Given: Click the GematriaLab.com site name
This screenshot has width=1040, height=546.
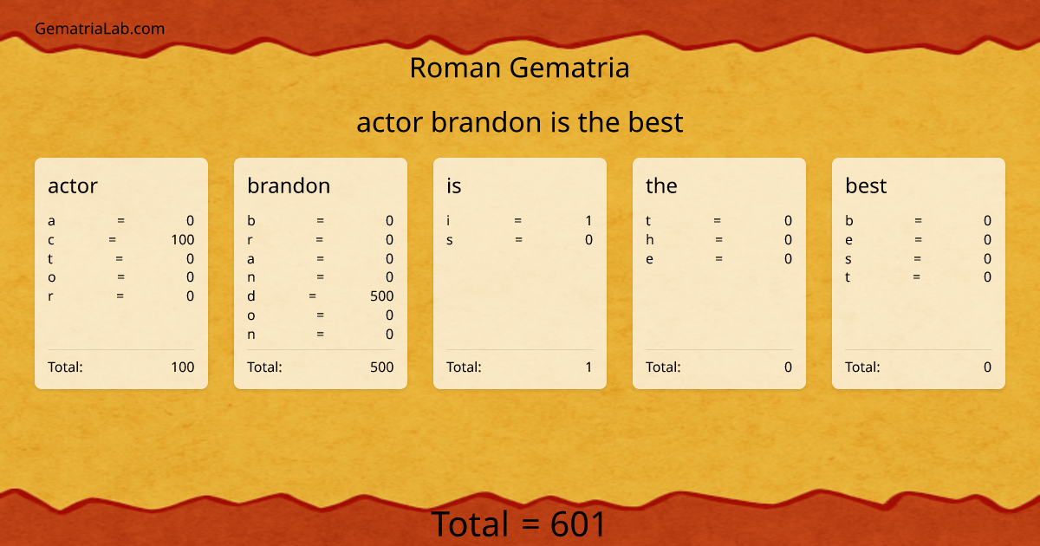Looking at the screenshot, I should pos(100,29).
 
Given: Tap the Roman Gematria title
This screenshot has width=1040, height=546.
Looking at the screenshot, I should pos(519,68).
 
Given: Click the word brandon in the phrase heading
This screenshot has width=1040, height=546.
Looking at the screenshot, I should pos(486,122).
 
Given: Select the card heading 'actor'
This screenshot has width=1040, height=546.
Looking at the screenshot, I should pos(73,185).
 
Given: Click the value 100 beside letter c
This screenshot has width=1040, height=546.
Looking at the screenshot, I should pos(182,240).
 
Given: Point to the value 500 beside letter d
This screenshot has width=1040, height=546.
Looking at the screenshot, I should pos(381,296).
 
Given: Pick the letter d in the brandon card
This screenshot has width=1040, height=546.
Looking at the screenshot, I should pos(251,296).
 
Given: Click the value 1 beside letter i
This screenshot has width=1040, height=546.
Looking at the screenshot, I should pos(588,221).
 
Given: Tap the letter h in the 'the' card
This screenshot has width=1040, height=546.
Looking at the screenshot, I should pos(650,240).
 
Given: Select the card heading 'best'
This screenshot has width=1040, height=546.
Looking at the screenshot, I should pos(866,185).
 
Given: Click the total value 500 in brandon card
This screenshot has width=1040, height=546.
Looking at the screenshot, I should pos(381,367).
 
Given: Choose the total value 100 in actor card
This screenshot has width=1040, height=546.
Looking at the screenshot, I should pos(182,367).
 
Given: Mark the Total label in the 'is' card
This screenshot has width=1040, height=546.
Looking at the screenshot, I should pos(464,367).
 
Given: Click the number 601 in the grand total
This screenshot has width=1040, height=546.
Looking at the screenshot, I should pos(578,524).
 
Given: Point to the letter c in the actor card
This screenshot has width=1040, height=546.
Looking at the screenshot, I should pos(51,240).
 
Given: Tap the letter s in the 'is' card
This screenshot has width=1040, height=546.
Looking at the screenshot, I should pos(450,240).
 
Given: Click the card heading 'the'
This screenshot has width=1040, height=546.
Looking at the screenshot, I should pos(661,185).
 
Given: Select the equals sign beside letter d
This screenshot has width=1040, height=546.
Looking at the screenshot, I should pos(313,296).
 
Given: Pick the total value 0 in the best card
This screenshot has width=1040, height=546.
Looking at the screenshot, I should pos(987,367).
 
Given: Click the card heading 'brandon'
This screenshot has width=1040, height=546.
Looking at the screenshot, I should pos(289,185).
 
